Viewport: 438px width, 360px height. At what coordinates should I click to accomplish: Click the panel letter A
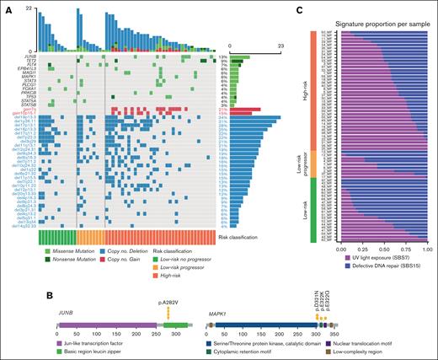[8, 8]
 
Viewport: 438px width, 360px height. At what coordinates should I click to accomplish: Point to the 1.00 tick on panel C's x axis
[427, 249]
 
